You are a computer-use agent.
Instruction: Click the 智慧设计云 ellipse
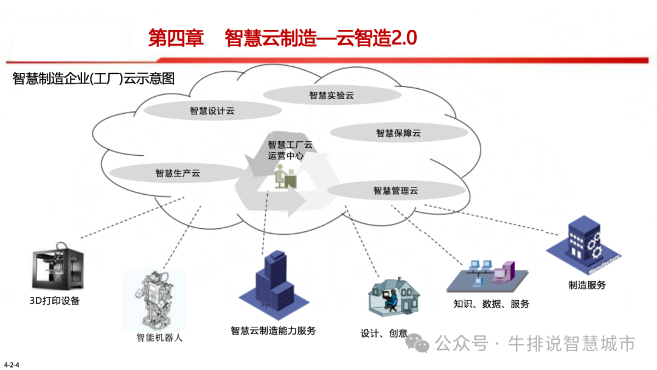click(x=212, y=111)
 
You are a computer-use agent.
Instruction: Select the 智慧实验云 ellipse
click(x=331, y=95)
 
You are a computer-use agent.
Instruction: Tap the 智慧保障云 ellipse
click(x=398, y=133)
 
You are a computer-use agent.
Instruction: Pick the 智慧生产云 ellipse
click(x=178, y=173)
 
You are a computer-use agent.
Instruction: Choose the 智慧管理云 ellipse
click(x=395, y=190)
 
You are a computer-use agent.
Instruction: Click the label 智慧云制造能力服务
click(x=273, y=330)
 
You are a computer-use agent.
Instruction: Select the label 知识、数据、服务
click(x=492, y=304)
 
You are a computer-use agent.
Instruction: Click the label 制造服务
click(x=587, y=284)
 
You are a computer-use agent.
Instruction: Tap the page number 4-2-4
click(x=12, y=365)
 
